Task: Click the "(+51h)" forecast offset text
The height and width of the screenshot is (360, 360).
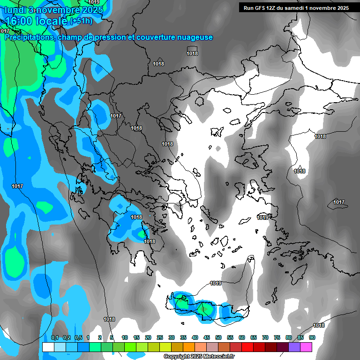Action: coord(81,21)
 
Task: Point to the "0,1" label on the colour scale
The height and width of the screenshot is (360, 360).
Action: coord(54,337)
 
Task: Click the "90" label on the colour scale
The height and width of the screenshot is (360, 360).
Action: coord(312,337)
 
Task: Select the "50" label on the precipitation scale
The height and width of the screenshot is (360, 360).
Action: coord(218,337)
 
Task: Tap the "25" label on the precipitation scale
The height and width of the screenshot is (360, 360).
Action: coord(160,337)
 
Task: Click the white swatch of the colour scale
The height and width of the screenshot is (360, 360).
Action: coord(48,347)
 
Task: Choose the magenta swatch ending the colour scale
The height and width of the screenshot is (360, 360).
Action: coord(306,347)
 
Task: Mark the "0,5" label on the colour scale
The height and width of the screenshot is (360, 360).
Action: coord(78,337)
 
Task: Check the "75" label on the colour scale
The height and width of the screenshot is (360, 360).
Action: coord(277,337)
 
